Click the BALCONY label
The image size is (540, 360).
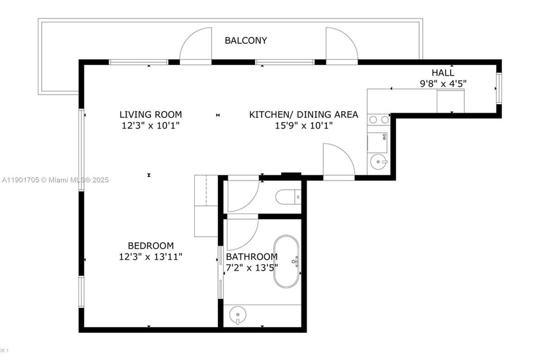[246, 40]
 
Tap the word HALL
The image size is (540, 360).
[443, 73]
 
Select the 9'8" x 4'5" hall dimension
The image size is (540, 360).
[443, 83]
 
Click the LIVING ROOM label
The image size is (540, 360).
[150, 115]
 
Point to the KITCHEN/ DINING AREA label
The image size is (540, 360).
[303, 115]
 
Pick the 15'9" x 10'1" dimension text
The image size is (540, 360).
[303, 125]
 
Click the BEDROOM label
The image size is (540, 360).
[150, 246]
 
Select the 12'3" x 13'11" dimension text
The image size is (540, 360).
[150, 256]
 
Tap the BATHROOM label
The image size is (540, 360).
[251, 256]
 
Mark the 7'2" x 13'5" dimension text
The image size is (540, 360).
[251, 267]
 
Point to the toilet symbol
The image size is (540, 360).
[287, 196]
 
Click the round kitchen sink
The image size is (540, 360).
[377, 161]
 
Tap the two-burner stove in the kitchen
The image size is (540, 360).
[379, 119]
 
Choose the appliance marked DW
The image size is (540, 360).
[379, 137]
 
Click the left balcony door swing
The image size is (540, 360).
[195, 46]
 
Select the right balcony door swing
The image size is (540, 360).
[341, 46]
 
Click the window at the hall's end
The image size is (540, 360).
[498, 87]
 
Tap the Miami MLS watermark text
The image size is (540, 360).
[55, 180]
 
